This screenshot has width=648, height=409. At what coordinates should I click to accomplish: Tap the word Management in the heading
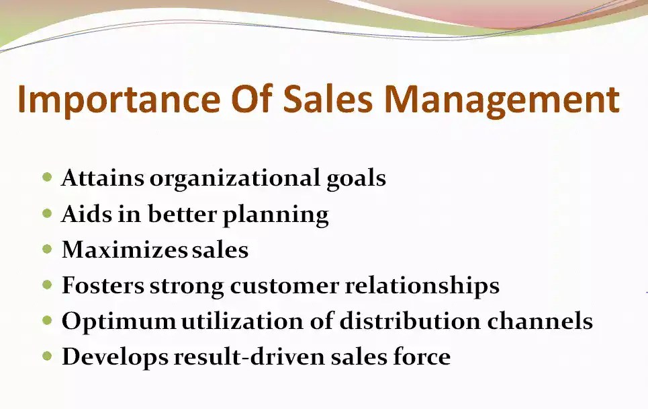tap(501, 99)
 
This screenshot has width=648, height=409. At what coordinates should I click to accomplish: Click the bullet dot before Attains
tap(47, 178)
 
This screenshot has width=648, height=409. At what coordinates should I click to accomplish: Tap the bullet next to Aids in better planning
tap(47, 213)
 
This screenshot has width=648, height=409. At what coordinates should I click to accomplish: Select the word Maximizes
tap(124, 250)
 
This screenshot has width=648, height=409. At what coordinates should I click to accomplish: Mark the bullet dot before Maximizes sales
tap(47, 249)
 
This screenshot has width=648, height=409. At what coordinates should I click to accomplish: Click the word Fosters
tap(103, 285)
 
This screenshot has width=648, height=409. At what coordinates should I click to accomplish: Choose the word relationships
tap(422, 286)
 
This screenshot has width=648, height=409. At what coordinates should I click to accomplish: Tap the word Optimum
tap(118, 322)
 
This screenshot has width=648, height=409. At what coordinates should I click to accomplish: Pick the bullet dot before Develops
tap(47, 355)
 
